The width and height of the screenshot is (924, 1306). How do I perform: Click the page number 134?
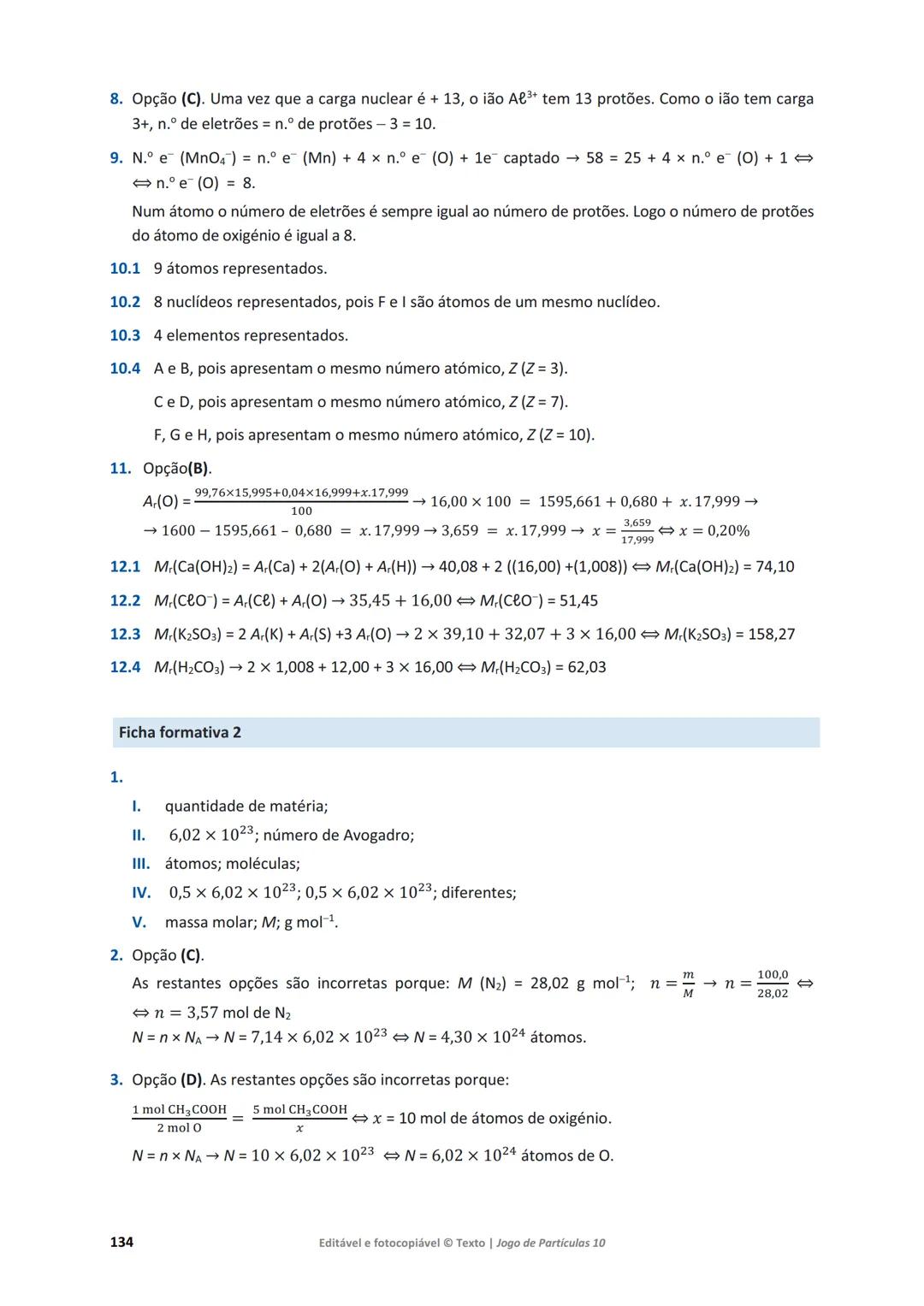click(121, 1242)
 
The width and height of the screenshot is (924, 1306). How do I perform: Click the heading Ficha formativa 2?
click(180, 732)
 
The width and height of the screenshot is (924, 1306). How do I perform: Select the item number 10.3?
click(125, 335)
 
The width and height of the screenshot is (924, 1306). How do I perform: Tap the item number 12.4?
click(125, 667)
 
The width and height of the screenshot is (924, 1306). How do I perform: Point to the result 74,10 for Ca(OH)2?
click(775, 566)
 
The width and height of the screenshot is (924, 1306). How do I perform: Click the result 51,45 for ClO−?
click(578, 600)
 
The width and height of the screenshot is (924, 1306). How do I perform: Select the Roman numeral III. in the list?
click(140, 864)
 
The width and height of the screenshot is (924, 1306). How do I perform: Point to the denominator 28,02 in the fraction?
click(773, 993)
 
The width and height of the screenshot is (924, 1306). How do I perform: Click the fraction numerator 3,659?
click(637, 523)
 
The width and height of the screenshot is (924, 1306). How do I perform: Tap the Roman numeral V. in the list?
click(139, 922)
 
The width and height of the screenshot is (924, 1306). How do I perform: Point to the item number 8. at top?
click(116, 98)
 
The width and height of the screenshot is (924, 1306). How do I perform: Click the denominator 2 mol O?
click(179, 1128)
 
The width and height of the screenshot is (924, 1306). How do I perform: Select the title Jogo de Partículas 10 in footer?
click(550, 1243)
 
